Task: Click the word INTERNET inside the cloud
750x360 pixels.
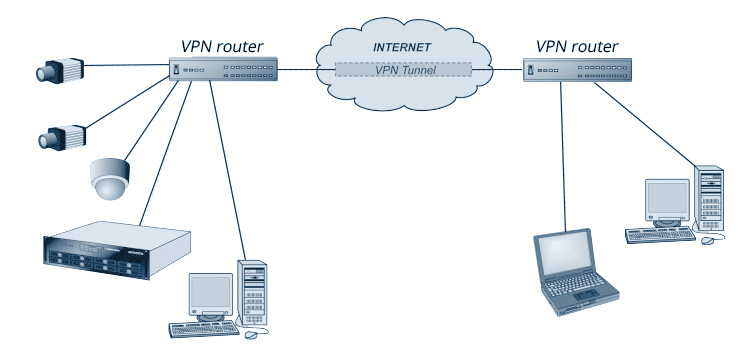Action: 401,47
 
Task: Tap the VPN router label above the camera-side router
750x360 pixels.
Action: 223,45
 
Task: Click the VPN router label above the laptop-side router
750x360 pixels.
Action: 577,45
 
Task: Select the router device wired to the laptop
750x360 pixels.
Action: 577,71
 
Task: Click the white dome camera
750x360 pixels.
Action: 108,178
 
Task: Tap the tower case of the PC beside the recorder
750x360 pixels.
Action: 253,291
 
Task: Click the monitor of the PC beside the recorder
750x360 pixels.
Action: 211,295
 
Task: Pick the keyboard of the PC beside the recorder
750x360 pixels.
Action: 205,328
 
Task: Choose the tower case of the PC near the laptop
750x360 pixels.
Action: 707,201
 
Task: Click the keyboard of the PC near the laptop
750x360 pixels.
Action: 660,235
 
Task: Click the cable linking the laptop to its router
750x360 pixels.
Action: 564,160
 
